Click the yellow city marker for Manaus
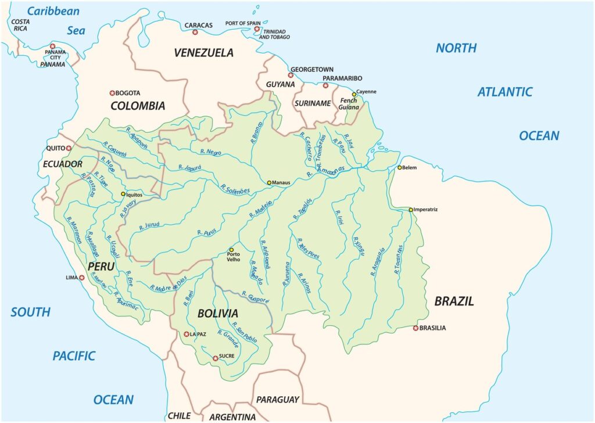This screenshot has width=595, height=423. [x=269, y=183]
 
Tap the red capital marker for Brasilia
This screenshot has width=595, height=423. [x=415, y=328]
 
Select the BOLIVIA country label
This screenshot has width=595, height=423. [x=218, y=313]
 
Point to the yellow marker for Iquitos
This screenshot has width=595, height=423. [x=123, y=194]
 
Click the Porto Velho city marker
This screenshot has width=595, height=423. [x=231, y=250]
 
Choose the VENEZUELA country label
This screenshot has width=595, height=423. [x=204, y=53]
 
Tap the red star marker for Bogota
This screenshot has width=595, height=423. [x=113, y=93]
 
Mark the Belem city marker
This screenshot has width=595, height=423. [x=399, y=168]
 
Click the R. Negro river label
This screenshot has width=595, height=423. [x=211, y=152]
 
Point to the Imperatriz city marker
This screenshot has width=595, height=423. [x=410, y=209]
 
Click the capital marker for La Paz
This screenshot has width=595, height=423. [x=187, y=335]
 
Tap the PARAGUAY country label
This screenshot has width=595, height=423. [x=278, y=400]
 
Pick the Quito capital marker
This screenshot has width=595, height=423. [x=69, y=148]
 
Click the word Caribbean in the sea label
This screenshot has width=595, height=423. [x=53, y=11]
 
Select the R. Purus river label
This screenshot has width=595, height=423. [x=206, y=232]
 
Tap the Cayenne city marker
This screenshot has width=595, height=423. [x=354, y=94]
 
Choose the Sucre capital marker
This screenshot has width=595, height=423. [x=216, y=358]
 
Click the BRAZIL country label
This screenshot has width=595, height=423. [x=454, y=301]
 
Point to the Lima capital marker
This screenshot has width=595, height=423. [x=82, y=278]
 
